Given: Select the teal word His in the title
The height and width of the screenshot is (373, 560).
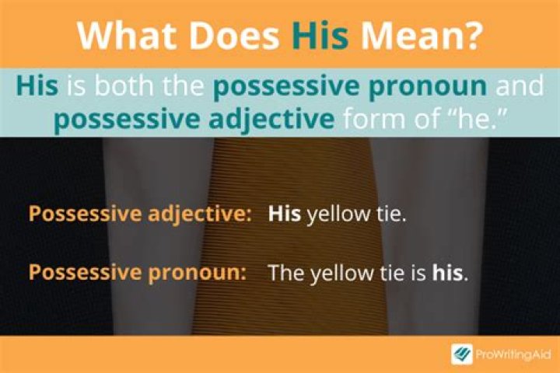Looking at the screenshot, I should tap(318, 35).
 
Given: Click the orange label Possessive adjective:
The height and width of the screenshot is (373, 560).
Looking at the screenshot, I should tap(140, 215).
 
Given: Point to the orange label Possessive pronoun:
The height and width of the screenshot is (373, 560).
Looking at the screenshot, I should tap(137, 273).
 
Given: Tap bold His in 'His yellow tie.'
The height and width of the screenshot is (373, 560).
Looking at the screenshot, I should tap(285, 215).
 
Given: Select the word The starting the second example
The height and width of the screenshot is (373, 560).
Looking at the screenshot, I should tap(285, 273).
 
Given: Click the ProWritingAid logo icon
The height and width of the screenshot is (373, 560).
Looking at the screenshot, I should tap(462, 354).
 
